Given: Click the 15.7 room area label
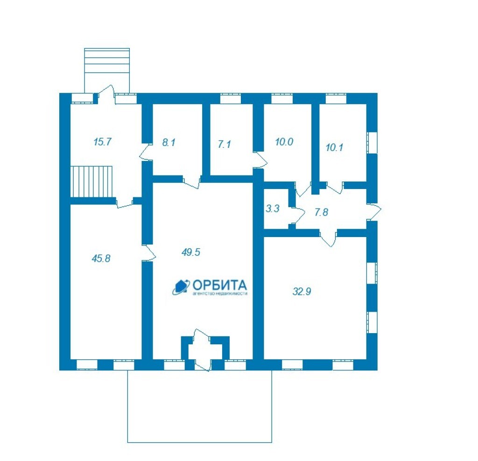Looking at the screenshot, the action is (103, 142).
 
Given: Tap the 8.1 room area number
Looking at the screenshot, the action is (169, 142).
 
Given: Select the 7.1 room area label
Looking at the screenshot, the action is (224, 144).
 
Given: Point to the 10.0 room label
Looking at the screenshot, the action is (284, 142).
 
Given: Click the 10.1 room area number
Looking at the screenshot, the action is (334, 147).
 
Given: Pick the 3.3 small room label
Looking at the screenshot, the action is (273, 209).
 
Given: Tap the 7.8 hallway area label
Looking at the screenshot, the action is (321, 212).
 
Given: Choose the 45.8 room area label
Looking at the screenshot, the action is (101, 258).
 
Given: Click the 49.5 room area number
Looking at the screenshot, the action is (191, 252).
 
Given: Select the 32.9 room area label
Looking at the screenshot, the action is (302, 292).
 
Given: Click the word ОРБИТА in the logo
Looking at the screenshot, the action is (219, 285).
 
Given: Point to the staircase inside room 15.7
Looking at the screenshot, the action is (91, 182).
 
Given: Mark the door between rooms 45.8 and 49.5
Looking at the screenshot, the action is (149, 252).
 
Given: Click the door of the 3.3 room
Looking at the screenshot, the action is (297, 215).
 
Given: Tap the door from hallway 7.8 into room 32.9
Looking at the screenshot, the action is (329, 238).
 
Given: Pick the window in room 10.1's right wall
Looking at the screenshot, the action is (372, 143).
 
